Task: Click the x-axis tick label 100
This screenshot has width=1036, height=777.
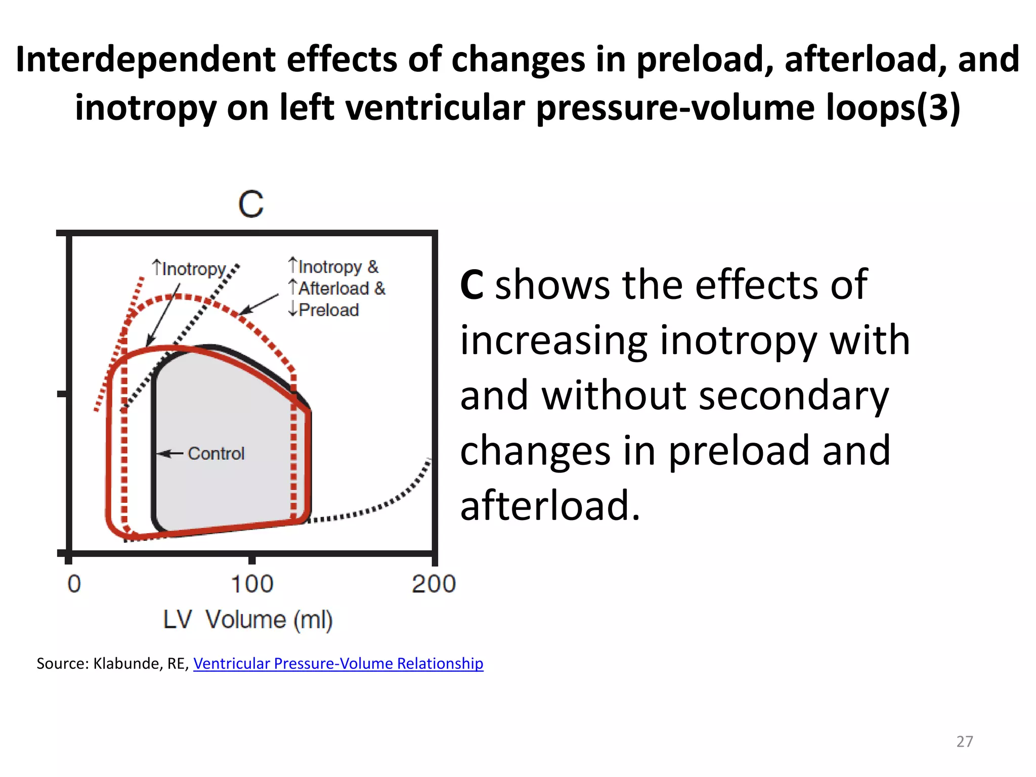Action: [x=252, y=584]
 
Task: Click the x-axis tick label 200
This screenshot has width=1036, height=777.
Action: [x=434, y=584]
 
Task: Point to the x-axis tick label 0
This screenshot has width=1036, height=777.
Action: [x=74, y=584]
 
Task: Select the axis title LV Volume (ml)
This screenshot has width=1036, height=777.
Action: [x=248, y=620]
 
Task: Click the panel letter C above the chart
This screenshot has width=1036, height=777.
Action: [x=251, y=204]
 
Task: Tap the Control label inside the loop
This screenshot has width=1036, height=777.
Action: [x=216, y=454]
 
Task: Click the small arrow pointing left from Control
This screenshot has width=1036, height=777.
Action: [x=170, y=454]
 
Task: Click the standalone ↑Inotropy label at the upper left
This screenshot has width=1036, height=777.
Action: [x=189, y=269]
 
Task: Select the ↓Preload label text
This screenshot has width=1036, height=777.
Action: [x=324, y=310]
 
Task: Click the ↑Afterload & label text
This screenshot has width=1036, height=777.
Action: [x=337, y=288]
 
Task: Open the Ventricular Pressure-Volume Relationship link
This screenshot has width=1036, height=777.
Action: [x=338, y=663]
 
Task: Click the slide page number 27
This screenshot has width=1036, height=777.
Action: [x=965, y=742]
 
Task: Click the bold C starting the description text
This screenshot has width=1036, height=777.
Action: [x=471, y=285]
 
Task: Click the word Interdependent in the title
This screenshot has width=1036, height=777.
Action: [x=146, y=59]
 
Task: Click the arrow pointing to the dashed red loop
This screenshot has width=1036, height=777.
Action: [x=259, y=304]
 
